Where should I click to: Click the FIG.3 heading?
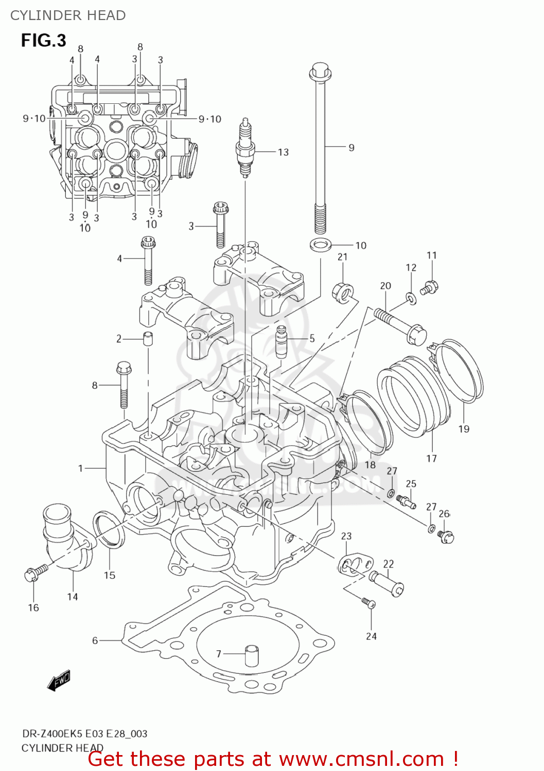tap(44, 40)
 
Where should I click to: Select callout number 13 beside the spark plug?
tap(283, 152)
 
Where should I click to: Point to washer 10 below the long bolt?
tap(320, 244)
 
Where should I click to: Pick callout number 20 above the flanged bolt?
tap(385, 286)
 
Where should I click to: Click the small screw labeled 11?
tap(430, 287)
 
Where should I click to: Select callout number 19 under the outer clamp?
tap(464, 429)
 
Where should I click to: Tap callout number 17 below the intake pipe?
tap(431, 458)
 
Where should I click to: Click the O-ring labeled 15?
tap(109, 529)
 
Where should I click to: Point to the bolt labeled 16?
tap(34, 573)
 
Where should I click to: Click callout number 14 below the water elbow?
tap(73, 597)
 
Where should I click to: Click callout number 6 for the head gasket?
tap(95, 640)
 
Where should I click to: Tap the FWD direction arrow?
tap(59, 681)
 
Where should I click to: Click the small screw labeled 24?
tap(368, 602)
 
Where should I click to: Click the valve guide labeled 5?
tap(282, 340)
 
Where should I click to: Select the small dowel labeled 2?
tap(148, 339)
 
